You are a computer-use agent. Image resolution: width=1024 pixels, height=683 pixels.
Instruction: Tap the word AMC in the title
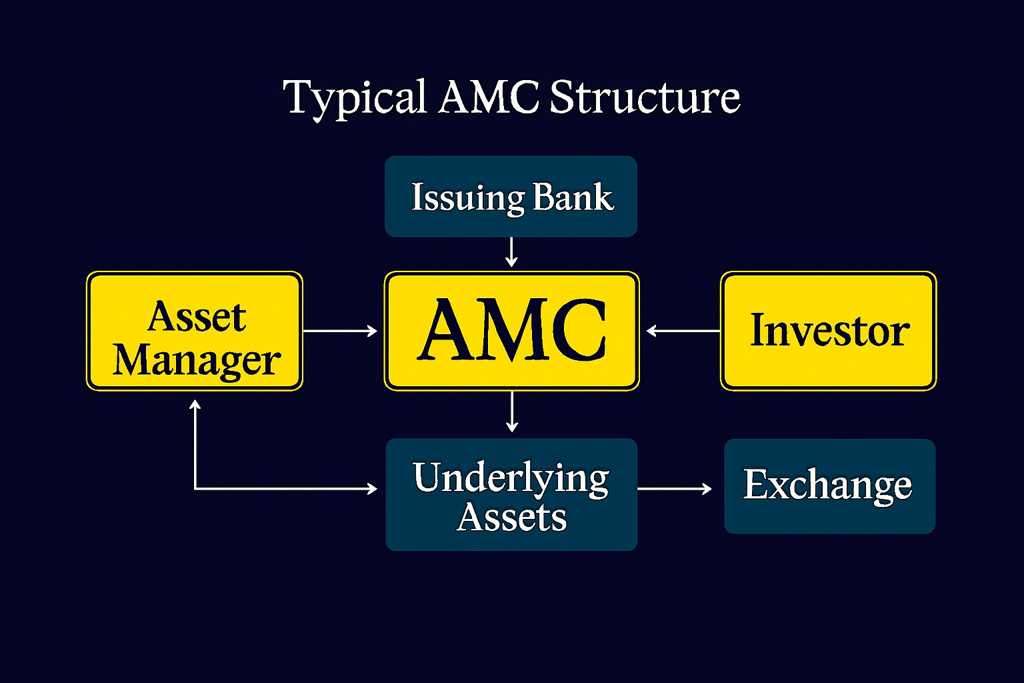489,97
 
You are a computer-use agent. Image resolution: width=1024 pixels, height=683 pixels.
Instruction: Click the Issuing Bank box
511,196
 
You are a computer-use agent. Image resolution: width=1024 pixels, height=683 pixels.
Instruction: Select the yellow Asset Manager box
195,331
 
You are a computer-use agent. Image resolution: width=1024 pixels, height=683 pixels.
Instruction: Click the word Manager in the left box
196,361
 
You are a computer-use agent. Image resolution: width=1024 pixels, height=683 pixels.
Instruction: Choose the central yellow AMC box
511,331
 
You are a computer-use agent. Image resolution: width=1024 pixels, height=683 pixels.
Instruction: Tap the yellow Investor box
829,331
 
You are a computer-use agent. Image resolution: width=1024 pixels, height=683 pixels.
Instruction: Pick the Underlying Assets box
511,494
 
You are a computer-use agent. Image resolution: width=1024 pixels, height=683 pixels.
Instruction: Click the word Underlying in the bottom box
511,478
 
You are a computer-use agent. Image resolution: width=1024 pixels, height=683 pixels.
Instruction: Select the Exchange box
829,486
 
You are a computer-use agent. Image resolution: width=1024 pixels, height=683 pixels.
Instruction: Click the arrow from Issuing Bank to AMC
511,253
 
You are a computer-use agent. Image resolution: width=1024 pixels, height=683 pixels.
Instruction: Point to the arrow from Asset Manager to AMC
341,330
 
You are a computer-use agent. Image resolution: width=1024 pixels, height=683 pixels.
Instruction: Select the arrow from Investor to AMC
683,330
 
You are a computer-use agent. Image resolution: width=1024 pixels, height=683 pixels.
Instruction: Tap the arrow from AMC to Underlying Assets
511,412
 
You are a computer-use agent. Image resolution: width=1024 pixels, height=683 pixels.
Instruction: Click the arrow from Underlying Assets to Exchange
675,489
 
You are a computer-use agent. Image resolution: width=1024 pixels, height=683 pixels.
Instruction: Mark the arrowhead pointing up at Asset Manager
195,405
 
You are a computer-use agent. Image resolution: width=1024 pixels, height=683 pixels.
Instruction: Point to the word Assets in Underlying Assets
511,517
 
